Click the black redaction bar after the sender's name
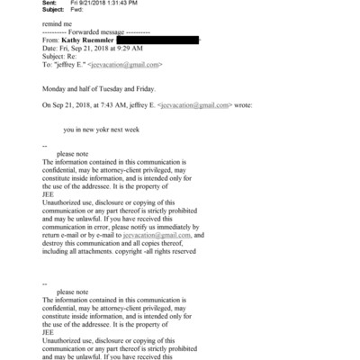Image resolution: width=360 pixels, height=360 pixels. (x=158, y=40)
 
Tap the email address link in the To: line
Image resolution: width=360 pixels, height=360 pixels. (x=130, y=65)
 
